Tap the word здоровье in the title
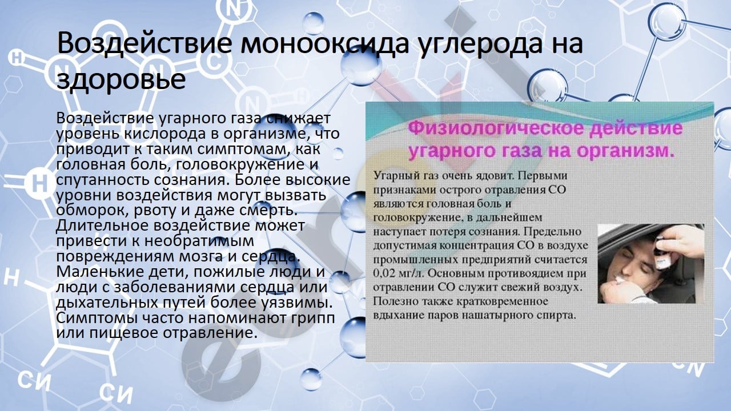(x=121, y=79)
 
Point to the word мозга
(x=200, y=257)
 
